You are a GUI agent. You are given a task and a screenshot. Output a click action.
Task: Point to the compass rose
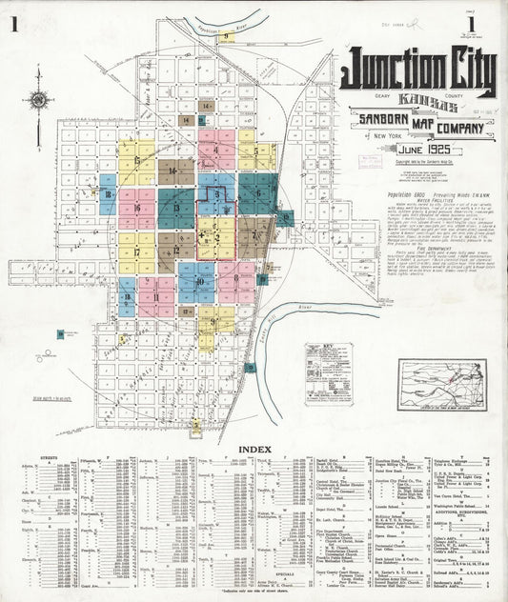[37, 99]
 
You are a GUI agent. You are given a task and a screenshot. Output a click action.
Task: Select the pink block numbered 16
[139, 209]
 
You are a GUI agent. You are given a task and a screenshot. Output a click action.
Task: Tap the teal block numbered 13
[177, 207]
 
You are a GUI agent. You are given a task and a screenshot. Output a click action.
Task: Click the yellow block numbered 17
[138, 252]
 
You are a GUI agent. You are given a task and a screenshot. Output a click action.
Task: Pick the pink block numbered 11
[154, 296]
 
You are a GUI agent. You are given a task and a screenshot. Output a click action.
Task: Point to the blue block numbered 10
[200, 282]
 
